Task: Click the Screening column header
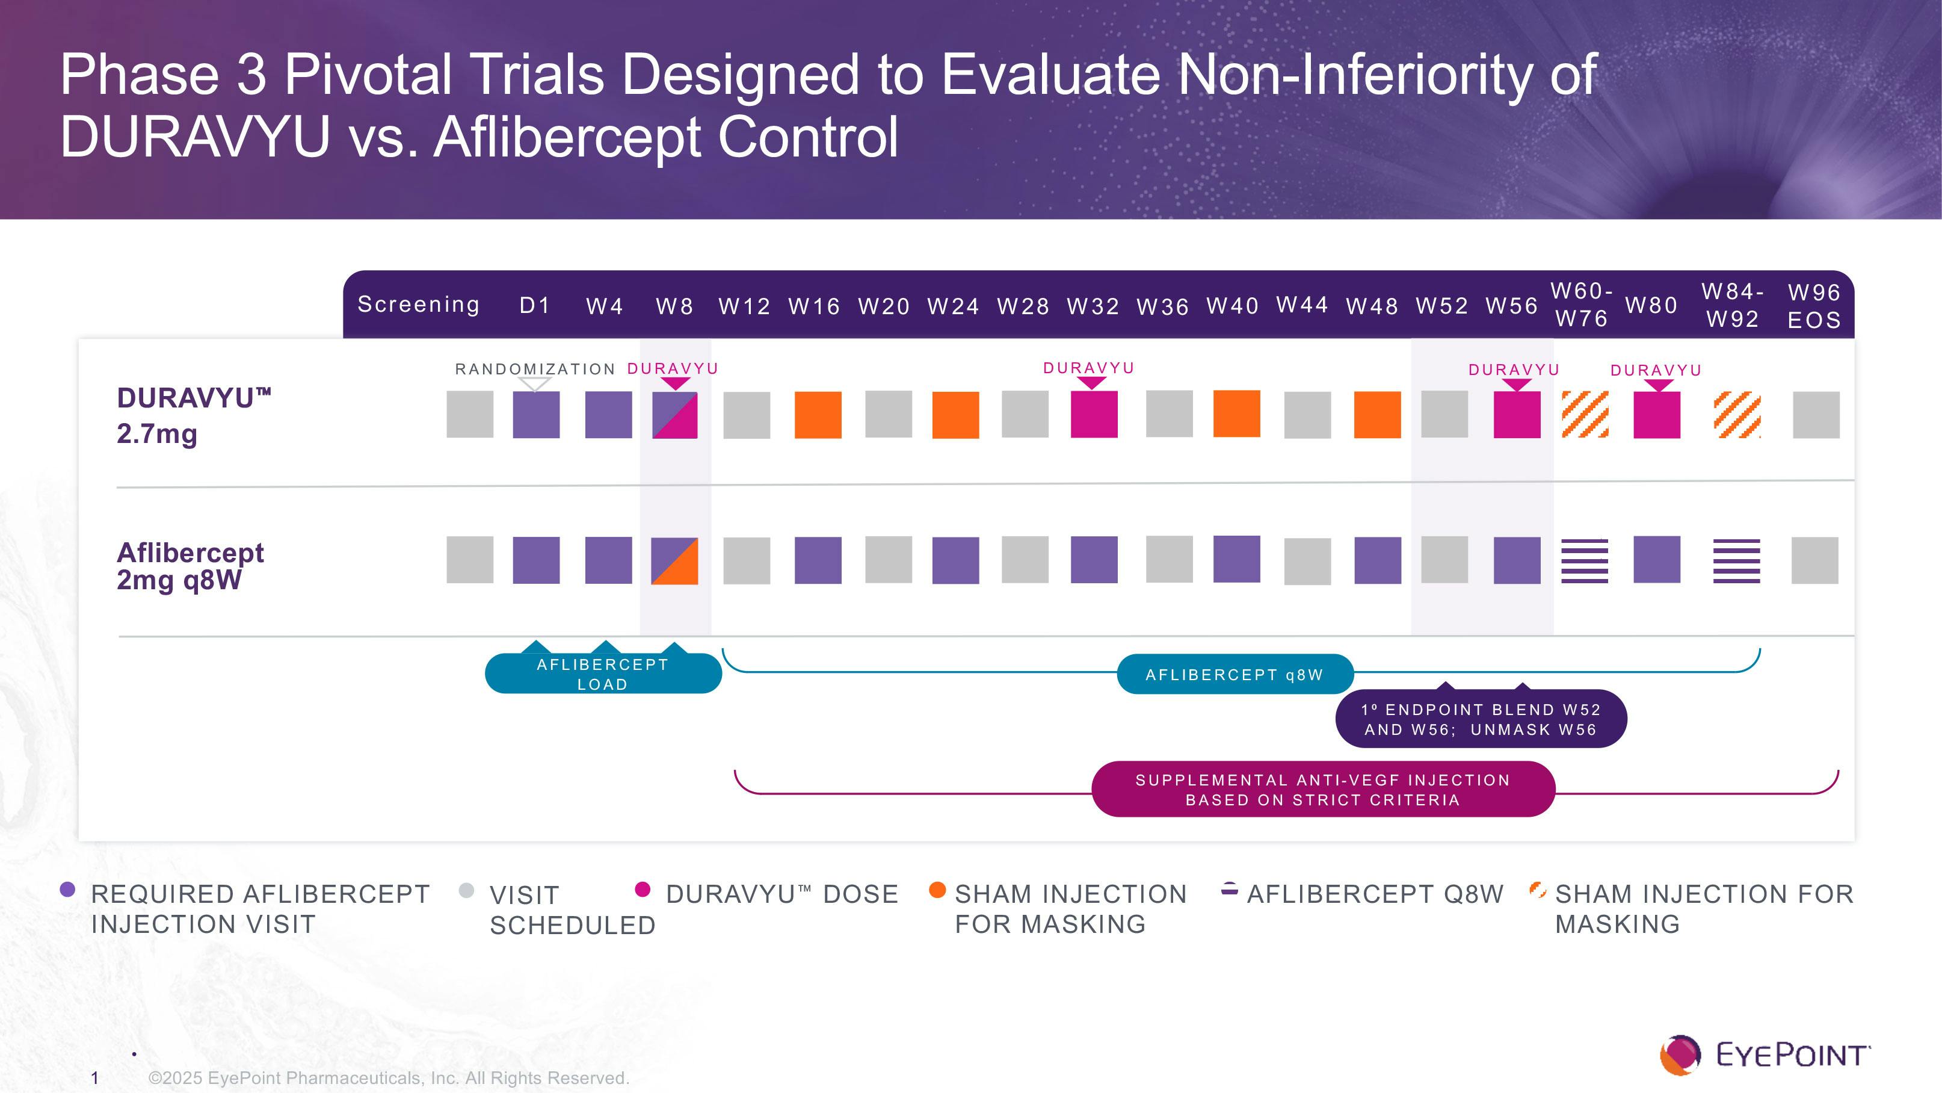click(418, 304)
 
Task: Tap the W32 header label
click(1093, 306)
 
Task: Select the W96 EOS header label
click(1814, 306)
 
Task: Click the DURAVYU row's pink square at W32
click(1094, 414)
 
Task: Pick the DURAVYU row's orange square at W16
click(818, 415)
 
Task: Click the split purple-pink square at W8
click(675, 415)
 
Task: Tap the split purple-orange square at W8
click(675, 560)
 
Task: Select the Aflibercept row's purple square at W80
click(1656, 560)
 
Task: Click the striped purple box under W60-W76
click(1585, 560)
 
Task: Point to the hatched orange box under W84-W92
click(1737, 415)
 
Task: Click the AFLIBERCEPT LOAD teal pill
click(602, 673)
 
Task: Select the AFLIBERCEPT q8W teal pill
click(1234, 674)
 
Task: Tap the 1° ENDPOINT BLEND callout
click(1481, 720)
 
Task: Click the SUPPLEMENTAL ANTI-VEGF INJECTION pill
click(1323, 790)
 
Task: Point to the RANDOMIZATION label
click(535, 369)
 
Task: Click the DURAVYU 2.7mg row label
click(194, 415)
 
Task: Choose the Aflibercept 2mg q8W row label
click(190, 566)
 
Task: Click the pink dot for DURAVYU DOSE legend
click(643, 890)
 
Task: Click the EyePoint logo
click(1764, 1054)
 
